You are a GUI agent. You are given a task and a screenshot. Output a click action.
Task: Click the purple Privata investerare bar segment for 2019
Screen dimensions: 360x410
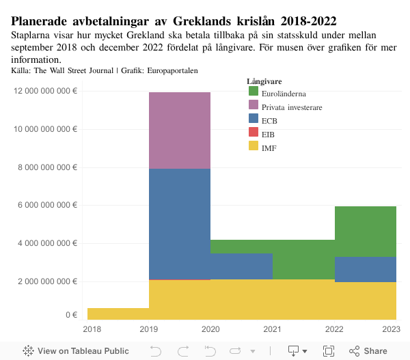pos(180,130)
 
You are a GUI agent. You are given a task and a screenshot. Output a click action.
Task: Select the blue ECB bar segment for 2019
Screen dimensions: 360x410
pos(180,224)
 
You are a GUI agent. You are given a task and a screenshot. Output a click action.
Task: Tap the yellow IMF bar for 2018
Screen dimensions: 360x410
pos(118,314)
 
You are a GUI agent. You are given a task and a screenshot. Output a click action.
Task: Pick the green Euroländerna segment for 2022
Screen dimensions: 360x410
pos(366,231)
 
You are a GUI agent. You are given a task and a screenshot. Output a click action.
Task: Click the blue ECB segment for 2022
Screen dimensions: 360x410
pos(366,269)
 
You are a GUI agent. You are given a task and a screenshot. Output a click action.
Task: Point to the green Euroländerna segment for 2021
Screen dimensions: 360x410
pos(303,260)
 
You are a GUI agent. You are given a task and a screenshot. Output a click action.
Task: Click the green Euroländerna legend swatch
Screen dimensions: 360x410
pos(253,92)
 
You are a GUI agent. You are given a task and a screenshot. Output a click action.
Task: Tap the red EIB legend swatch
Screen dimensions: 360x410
pos(253,133)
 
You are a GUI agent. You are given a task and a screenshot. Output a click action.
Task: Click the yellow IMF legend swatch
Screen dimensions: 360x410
pos(253,146)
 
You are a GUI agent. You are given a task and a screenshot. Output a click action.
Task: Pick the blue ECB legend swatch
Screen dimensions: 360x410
pos(253,120)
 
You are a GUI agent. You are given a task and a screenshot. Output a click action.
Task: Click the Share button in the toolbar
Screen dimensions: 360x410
pos(368,351)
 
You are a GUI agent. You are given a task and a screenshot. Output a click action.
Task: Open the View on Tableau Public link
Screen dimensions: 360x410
pos(75,351)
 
